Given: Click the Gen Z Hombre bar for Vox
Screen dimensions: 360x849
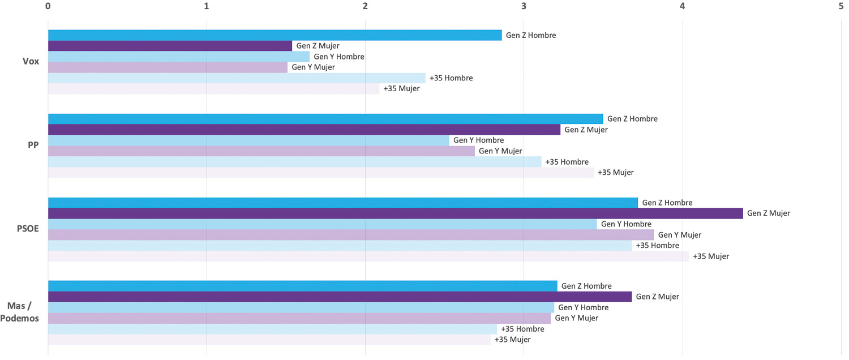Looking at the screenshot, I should coord(275,35).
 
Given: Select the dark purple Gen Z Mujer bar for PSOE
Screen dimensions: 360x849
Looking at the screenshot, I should coord(395,213).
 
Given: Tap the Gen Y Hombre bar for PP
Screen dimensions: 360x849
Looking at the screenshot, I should coord(248,140).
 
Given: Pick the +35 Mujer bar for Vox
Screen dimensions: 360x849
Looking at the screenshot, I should coord(213,89).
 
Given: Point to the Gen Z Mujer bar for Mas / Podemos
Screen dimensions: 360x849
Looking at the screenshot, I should coord(340,297).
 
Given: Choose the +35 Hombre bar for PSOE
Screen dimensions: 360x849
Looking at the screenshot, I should coord(340,246).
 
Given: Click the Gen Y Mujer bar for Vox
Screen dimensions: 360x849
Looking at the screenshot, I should coord(168,67).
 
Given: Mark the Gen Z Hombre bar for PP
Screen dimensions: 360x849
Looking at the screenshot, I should coord(325,119).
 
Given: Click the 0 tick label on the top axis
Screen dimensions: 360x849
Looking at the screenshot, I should coord(48,6).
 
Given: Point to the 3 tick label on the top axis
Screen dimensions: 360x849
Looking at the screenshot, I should coord(524,6).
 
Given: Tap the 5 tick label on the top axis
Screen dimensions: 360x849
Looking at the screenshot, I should coord(842,6).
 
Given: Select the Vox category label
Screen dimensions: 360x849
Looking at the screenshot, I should coord(31,61).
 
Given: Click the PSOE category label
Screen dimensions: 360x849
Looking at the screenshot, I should coord(28,229).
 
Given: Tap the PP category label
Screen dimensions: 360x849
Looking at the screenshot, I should coord(33,145).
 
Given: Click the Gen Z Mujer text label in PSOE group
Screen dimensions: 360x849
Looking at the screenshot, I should coord(768,213).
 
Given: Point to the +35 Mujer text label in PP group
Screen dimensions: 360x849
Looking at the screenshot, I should coord(615,173).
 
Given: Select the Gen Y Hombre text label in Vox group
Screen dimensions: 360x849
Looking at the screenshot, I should coord(338,57).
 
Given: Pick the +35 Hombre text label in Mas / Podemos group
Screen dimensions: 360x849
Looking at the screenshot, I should coord(522,329).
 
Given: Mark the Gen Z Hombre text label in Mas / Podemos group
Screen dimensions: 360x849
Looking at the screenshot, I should coord(586,286).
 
